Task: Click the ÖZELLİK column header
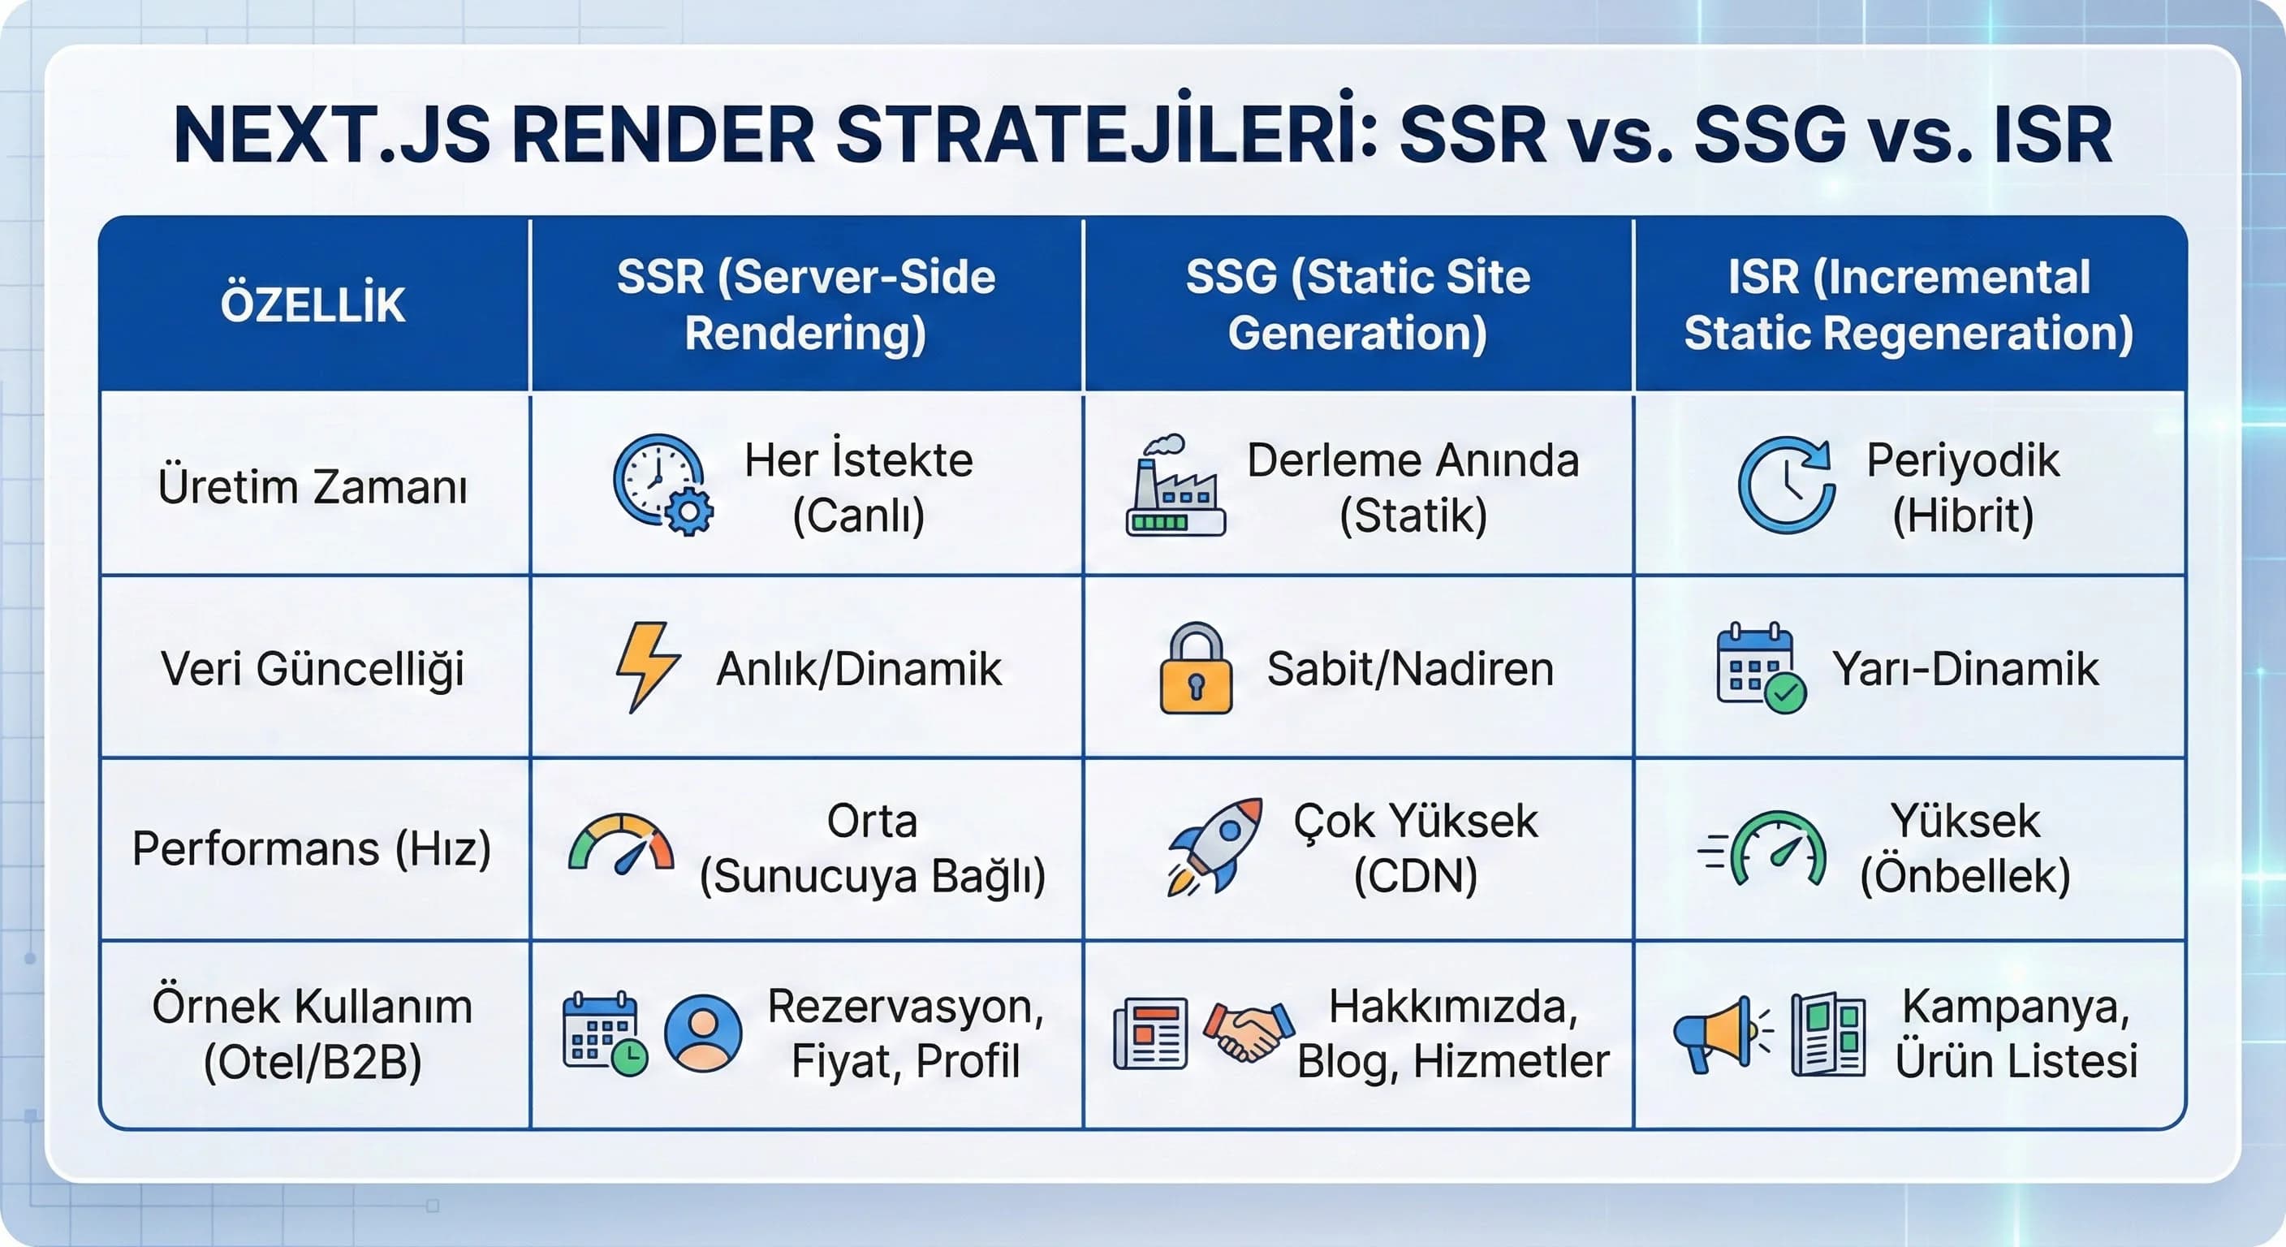[313, 304]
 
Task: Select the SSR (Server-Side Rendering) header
[806, 304]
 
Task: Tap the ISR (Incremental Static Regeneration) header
[1909, 304]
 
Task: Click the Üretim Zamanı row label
[313, 486]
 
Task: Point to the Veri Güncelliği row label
[313, 668]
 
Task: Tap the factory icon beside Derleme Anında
[1175, 486]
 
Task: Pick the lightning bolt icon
[647, 667]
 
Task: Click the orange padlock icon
[1195, 668]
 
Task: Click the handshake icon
[1248, 1031]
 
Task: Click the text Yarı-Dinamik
[1965, 668]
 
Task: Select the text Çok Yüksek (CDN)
[1416, 848]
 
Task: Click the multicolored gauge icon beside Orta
[621, 844]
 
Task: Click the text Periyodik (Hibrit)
[1963, 486]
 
